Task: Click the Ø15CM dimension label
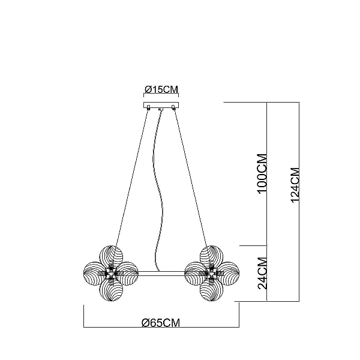161,89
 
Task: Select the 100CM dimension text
263,174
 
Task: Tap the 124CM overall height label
295,185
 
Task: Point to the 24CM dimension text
263,273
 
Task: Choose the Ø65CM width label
161,323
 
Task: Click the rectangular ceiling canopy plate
161,105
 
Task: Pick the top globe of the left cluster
112,257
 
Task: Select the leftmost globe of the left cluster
95,274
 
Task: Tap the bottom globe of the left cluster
111,290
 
